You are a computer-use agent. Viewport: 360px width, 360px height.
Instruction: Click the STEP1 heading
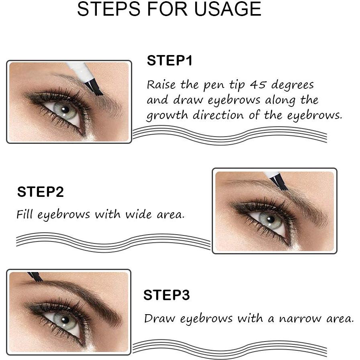pyautogui.click(x=170, y=61)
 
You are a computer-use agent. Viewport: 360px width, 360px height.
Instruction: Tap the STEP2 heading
pyautogui.click(x=40, y=192)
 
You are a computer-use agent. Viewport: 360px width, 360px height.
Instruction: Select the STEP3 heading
pyautogui.click(x=166, y=295)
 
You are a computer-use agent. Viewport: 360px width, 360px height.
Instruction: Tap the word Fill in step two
pyautogui.click(x=26, y=214)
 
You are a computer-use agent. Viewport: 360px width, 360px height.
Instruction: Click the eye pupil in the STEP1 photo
pyautogui.click(x=64, y=109)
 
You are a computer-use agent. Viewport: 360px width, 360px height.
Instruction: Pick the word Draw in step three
pyautogui.click(x=160, y=319)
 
